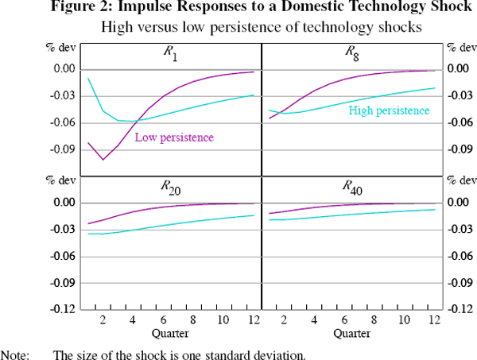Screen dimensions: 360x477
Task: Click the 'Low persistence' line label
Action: (174, 137)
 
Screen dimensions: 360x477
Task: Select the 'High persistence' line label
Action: (390, 110)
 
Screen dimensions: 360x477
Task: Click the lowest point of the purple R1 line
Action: (103, 160)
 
